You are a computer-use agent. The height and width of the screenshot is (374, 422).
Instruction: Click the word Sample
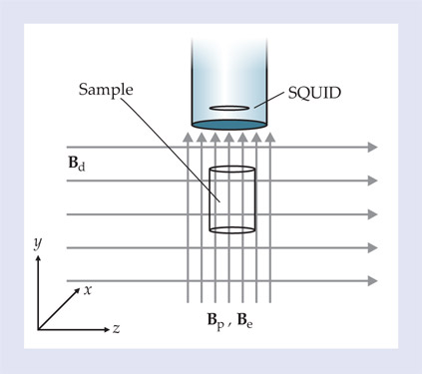click(x=106, y=90)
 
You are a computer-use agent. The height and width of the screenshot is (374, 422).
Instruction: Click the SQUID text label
click(x=314, y=93)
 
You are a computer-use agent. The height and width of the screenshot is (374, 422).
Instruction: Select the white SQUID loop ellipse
click(x=229, y=108)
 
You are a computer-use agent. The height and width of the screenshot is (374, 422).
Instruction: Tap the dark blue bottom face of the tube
click(x=229, y=125)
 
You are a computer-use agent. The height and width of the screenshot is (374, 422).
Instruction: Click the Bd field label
click(x=77, y=164)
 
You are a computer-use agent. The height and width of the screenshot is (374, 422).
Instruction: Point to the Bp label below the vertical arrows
click(x=215, y=320)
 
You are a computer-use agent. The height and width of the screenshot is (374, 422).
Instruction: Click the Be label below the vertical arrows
click(x=244, y=320)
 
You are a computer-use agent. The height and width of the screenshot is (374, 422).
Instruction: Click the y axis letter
click(x=38, y=243)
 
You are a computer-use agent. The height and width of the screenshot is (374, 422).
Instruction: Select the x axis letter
click(x=88, y=290)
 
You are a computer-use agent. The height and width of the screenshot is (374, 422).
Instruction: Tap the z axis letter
click(x=116, y=329)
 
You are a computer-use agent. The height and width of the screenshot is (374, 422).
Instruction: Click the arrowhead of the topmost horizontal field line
click(x=373, y=147)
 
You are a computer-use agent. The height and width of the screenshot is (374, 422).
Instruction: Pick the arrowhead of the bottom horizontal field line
click(x=373, y=281)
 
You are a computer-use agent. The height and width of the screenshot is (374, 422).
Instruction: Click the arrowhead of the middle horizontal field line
click(x=373, y=214)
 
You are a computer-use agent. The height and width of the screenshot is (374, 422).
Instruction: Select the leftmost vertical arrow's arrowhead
click(x=188, y=137)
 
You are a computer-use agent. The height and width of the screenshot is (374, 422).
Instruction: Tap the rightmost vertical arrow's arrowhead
click(x=270, y=137)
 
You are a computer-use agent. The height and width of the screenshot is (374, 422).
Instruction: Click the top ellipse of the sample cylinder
click(x=232, y=166)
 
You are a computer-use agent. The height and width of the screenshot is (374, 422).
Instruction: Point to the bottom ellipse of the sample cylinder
click(x=232, y=233)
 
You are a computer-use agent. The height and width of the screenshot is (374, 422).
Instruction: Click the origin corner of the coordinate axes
click(x=38, y=329)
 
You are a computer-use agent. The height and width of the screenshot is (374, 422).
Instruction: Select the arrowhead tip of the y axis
click(x=38, y=255)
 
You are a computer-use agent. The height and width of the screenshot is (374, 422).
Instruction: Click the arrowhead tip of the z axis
click(x=110, y=329)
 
